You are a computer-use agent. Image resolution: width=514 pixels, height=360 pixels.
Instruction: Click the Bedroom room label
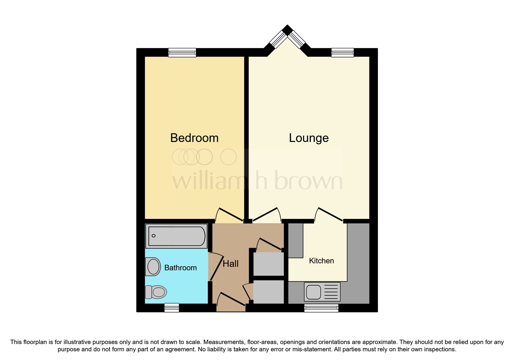pos(194,138)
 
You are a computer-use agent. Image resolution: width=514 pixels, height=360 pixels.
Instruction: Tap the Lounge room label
pos(309,138)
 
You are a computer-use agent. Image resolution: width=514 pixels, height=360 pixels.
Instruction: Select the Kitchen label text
pos(321,261)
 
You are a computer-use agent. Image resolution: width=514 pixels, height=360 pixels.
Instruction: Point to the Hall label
pos(230,264)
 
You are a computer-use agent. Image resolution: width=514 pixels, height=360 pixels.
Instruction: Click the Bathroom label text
pos(180,268)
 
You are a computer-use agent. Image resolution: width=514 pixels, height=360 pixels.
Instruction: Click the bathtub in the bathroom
pos(176,236)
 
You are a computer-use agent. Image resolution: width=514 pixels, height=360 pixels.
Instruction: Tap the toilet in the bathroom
pos(156,292)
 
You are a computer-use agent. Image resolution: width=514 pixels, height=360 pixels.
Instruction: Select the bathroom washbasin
pos(153,267)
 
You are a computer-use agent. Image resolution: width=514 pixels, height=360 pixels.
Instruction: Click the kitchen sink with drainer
pos(322,292)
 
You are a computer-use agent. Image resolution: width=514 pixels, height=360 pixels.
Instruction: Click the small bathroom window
pos(172,308)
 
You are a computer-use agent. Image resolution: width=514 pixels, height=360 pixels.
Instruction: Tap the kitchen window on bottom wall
pos(321,308)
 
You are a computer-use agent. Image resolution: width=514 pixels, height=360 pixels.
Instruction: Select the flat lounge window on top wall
pos(342,52)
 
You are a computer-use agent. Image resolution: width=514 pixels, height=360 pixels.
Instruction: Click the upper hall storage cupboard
pos(268,264)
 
